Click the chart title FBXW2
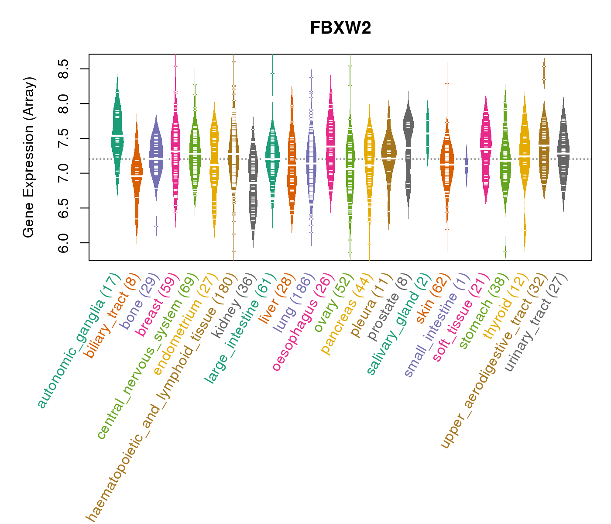pyautogui.click(x=340, y=28)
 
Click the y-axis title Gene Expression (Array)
pyautogui.click(x=29, y=157)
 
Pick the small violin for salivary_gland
pyautogui.click(x=428, y=131)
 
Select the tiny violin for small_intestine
pyautogui.click(x=467, y=166)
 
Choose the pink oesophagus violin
pyautogui.click(x=331, y=144)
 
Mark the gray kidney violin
pyautogui.click(x=253, y=175)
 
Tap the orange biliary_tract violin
pyautogui.click(x=137, y=175)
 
